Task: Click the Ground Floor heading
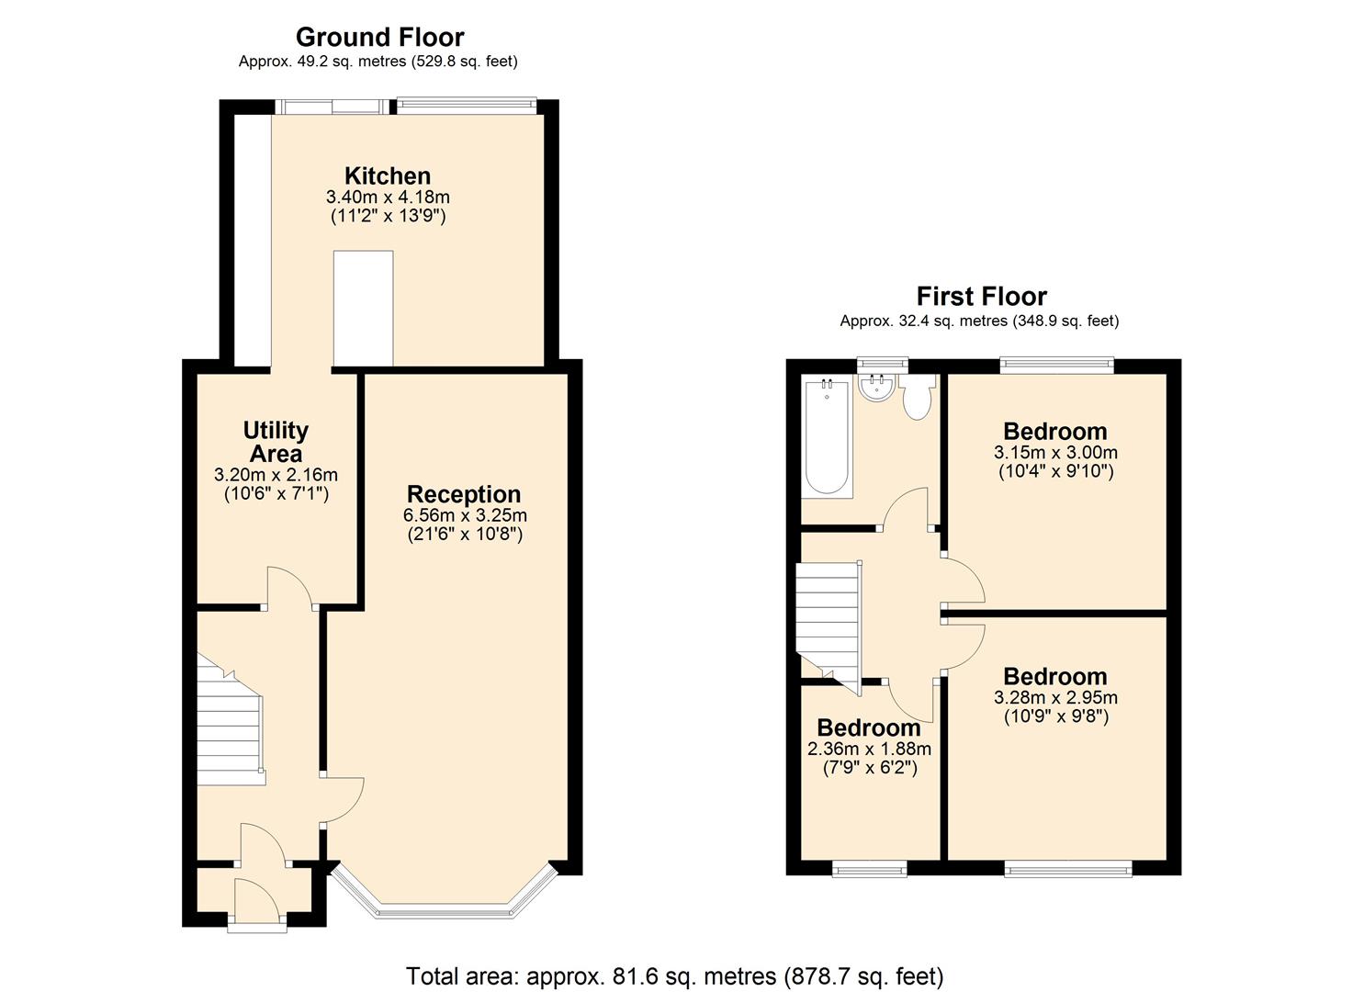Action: (379, 37)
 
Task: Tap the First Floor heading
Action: (981, 296)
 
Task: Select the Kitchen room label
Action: (387, 175)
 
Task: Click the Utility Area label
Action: (276, 442)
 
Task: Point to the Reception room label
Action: (464, 494)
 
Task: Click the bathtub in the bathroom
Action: (828, 437)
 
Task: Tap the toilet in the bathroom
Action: (917, 398)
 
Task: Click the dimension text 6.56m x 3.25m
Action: (465, 515)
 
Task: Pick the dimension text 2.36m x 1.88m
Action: (869, 749)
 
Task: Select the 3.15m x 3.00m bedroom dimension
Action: (1055, 452)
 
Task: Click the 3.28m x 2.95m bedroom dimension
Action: (1055, 697)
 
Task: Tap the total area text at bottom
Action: (674, 975)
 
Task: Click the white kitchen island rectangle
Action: (363, 309)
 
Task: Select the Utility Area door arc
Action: (289, 585)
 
